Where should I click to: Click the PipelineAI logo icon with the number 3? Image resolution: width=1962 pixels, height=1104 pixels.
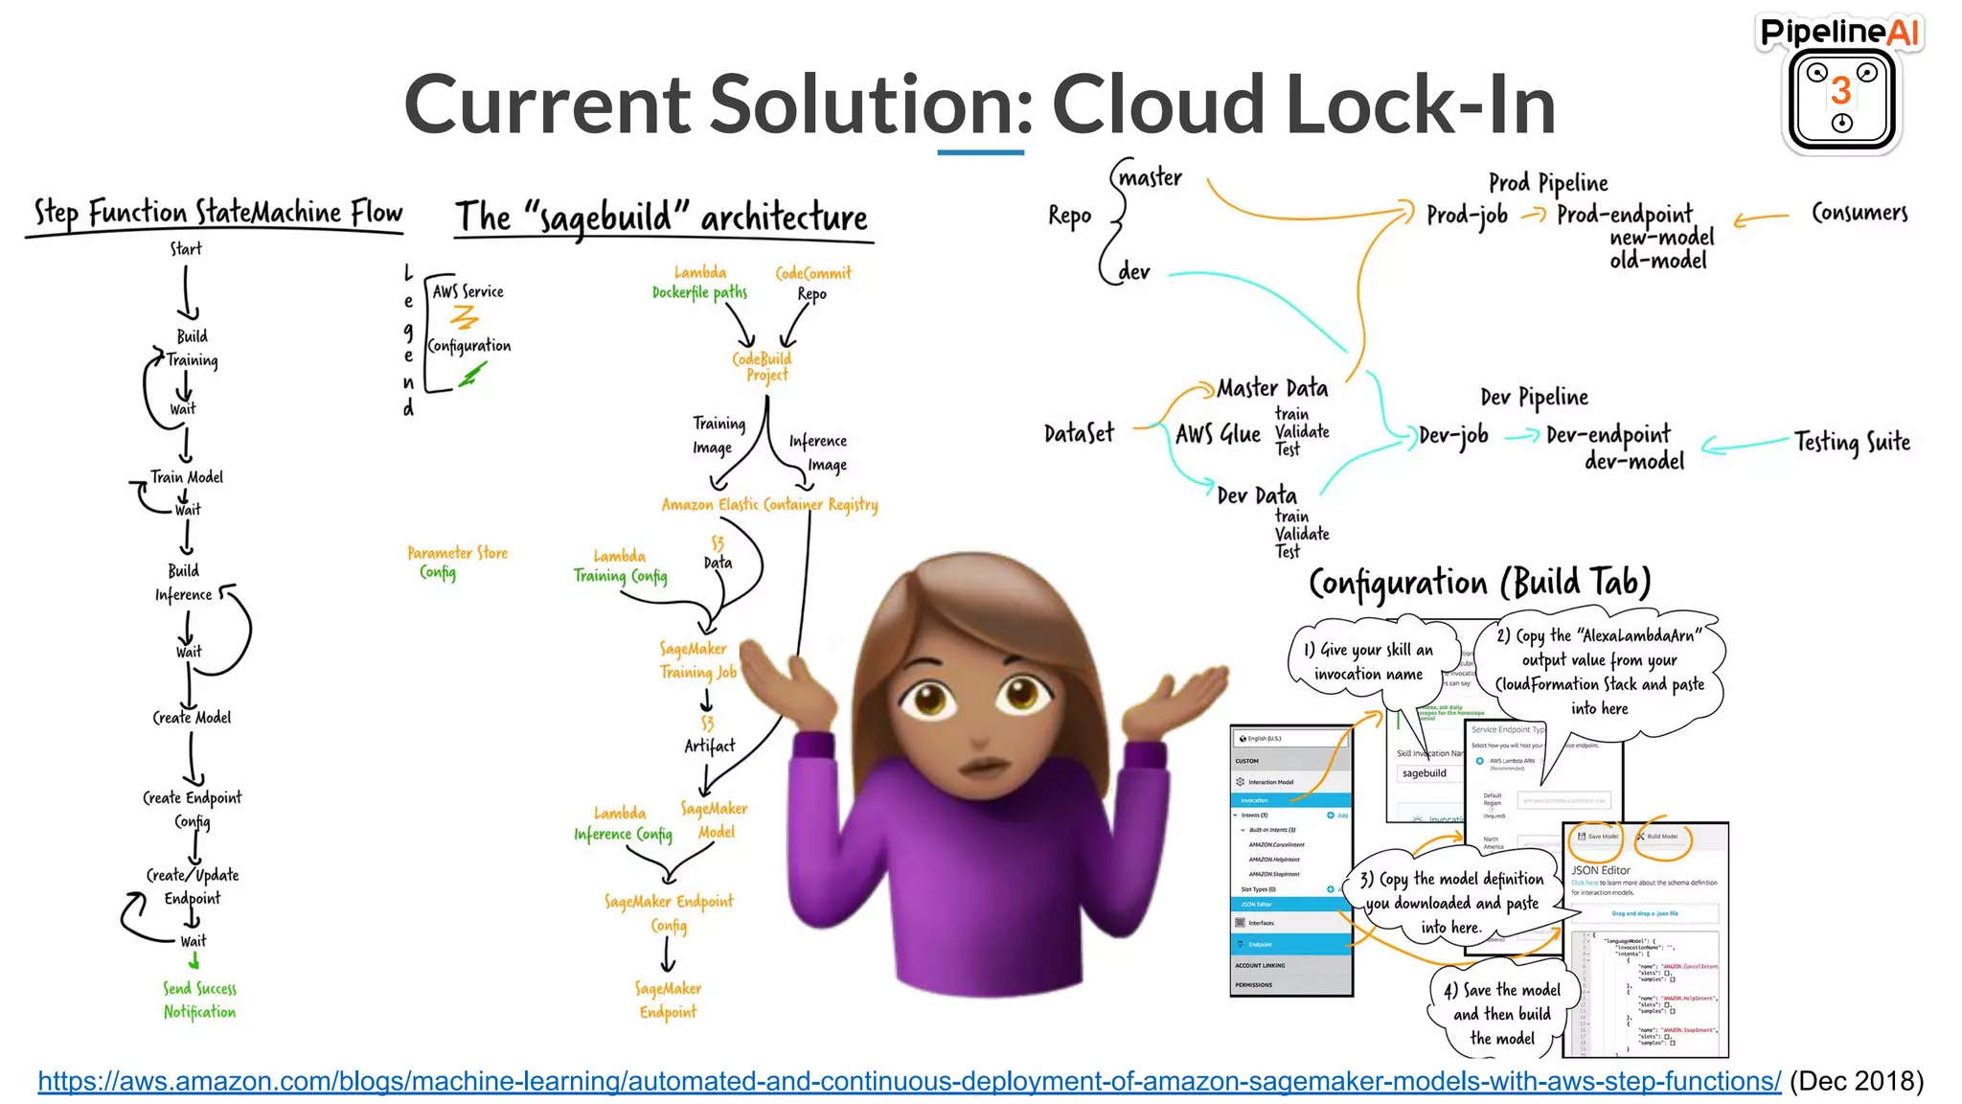[x=1840, y=99]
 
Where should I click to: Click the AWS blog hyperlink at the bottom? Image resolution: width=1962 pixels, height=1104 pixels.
[x=909, y=1081]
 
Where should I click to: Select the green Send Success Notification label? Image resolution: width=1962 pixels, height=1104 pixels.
[x=199, y=1000]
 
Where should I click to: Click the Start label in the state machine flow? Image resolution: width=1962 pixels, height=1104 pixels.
[x=186, y=248]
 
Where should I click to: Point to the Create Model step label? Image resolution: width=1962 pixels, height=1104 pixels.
[x=192, y=717]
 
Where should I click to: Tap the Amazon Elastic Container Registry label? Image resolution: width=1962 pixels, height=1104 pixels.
[x=769, y=504]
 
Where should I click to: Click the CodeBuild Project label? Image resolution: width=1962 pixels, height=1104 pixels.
[x=763, y=366]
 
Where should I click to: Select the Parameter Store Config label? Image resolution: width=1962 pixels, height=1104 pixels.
[x=457, y=563]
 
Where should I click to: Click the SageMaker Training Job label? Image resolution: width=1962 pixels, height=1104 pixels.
[x=697, y=660]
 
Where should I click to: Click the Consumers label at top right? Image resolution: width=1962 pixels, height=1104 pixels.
[x=1859, y=212]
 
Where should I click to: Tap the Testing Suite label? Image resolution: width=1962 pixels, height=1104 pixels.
[x=1852, y=442]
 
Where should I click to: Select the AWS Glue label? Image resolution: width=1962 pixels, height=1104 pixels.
[x=1218, y=434]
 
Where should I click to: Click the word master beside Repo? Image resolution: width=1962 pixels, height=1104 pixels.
[x=1150, y=177]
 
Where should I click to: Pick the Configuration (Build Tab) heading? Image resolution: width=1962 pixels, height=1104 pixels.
[x=1479, y=583]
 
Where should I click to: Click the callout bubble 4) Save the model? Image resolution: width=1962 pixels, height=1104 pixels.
[x=1501, y=1014]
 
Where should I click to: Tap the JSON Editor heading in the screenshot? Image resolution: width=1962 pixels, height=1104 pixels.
[x=1601, y=870]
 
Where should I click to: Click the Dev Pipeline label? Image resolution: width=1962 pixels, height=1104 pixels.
[x=1534, y=397]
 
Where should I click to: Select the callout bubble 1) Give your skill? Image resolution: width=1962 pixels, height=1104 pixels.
[x=1368, y=661]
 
